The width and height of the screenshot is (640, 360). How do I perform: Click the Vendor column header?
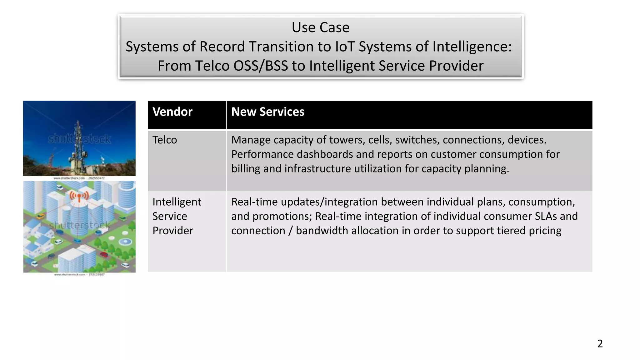point(172,112)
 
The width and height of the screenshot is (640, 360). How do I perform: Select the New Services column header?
point(267,112)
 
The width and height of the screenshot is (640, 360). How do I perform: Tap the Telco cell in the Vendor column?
point(164,140)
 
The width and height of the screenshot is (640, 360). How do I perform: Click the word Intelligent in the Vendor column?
point(177,202)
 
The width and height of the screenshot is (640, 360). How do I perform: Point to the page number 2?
point(600,343)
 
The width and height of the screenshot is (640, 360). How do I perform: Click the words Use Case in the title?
point(320,27)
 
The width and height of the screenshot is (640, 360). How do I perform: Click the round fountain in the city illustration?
point(125,241)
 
